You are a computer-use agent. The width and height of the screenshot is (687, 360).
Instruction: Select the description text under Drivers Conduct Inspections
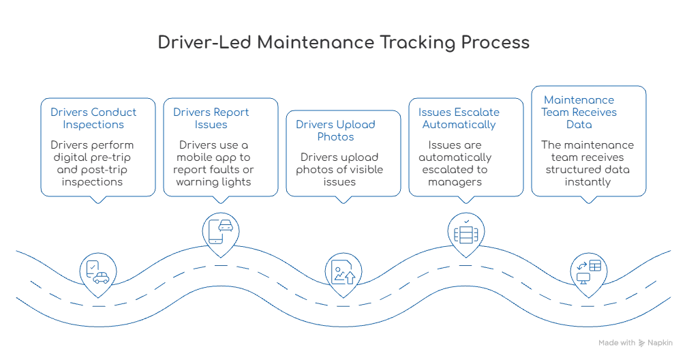[93, 162]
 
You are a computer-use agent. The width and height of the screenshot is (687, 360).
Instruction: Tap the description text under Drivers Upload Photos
[339, 168]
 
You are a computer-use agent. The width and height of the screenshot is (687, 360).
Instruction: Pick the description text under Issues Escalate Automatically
[457, 162]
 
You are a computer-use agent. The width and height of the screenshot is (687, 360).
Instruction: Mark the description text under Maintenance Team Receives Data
[587, 162]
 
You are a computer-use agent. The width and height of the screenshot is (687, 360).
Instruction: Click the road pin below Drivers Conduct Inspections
[98, 270]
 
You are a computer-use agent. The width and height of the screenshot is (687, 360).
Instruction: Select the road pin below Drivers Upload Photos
[341, 270]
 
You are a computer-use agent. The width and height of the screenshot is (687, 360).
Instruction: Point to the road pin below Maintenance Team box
[587, 270]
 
